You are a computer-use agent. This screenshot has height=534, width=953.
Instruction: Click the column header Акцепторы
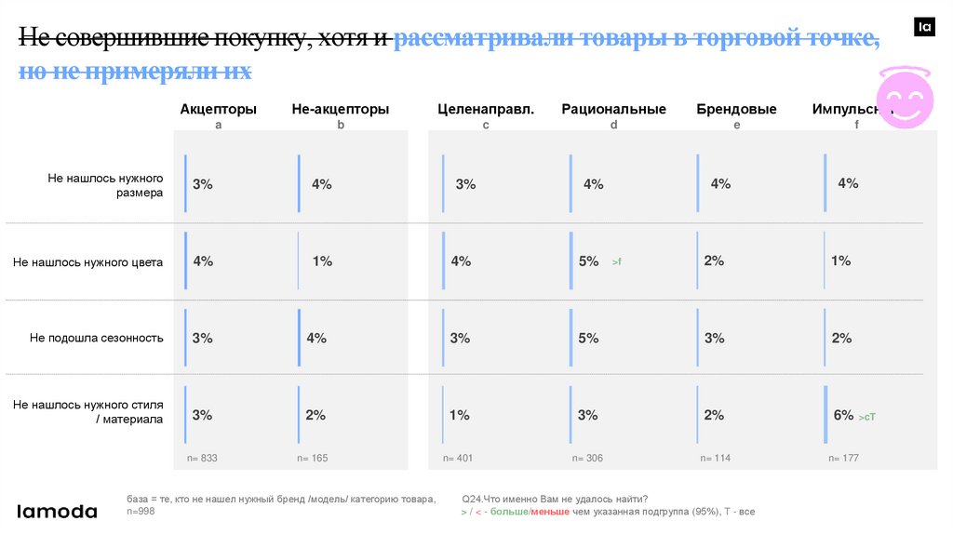click(218, 109)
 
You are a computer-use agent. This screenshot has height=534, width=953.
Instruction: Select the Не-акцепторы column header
click(340, 109)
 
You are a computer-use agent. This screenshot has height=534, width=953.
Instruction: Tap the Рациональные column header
click(613, 109)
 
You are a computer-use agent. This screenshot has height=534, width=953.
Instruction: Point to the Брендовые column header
click(736, 109)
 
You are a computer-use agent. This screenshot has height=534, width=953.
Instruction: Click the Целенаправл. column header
click(486, 109)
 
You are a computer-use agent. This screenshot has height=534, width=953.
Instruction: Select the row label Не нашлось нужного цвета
click(88, 262)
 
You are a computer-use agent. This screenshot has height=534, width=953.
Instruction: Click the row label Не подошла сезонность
click(97, 338)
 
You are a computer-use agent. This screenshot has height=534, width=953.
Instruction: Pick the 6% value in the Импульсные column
click(843, 415)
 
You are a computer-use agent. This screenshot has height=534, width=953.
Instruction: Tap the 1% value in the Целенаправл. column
click(460, 415)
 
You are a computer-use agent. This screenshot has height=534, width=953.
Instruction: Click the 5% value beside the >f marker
click(588, 261)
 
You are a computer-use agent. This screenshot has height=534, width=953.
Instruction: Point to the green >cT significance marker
click(866, 417)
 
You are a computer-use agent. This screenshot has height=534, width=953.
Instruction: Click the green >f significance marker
click(616, 263)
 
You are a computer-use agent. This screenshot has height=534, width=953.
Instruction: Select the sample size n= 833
click(202, 458)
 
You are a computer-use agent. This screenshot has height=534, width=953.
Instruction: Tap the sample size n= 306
click(587, 458)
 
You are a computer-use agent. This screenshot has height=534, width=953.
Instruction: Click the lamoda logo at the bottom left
click(58, 511)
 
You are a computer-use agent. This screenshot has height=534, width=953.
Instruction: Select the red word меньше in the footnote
click(549, 513)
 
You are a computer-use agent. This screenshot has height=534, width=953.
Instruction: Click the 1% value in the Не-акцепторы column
click(322, 261)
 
